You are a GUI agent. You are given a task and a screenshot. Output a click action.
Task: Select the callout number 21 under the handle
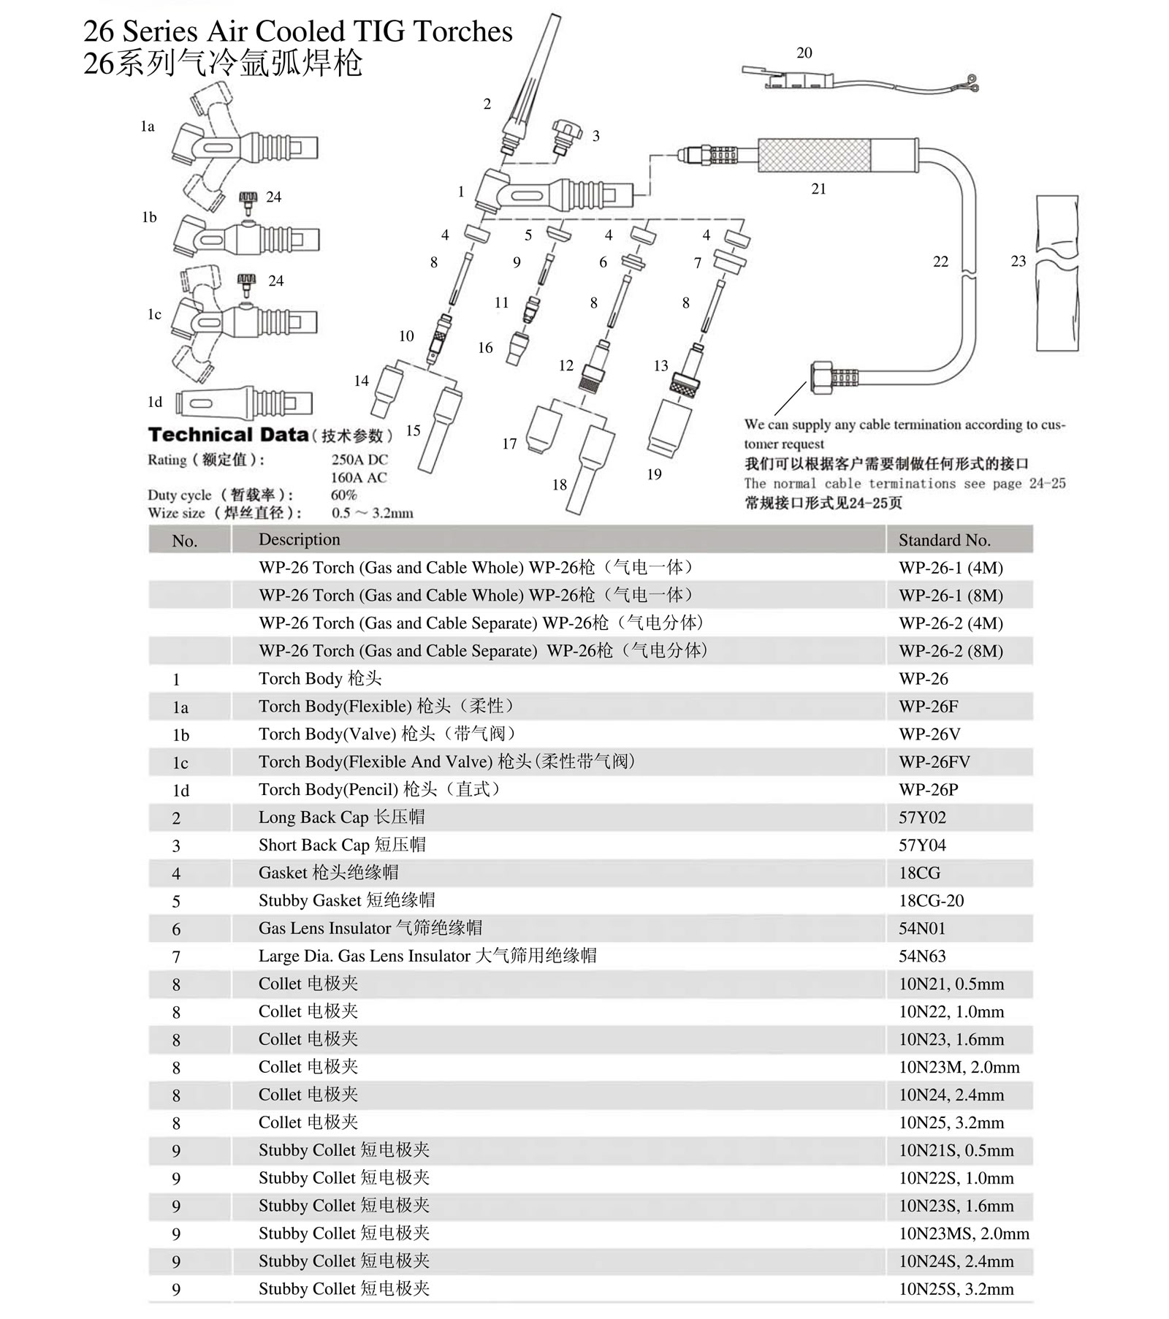pyautogui.click(x=818, y=189)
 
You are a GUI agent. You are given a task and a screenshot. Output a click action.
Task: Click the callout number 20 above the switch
pyautogui.click(x=804, y=53)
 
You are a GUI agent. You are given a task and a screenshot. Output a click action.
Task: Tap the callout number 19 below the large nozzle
pyautogui.click(x=654, y=474)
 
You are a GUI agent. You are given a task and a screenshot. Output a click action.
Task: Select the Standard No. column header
pyautogui.click(x=944, y=540)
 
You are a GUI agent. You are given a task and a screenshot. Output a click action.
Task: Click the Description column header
pyautogui.click(x=299, y=539)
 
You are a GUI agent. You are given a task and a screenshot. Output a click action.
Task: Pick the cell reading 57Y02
pyautogui.click(x=922, y=817)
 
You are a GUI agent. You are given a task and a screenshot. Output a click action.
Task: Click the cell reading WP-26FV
pyautogui.click(x=934, y=761)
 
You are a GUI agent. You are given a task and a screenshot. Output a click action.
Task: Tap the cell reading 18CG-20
pyautogui.click(x=931, y=900)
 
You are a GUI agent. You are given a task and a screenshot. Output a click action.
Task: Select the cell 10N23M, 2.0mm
pyautogui.click(x=959, y=1067)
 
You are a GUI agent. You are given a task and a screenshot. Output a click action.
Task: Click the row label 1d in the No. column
pyautogui.click(x=180, y=791)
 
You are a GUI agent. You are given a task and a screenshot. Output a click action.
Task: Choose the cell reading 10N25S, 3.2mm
pyautogui.click(x=956, y=1289)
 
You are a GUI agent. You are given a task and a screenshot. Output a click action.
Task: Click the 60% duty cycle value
pyautogui.click(x=343, y=495)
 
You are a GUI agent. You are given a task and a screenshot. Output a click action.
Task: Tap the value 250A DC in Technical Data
pyautogui.click(x=359, y=460)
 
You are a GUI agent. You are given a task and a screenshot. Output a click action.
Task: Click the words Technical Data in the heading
pyautogui.click(x=228, y=435)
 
